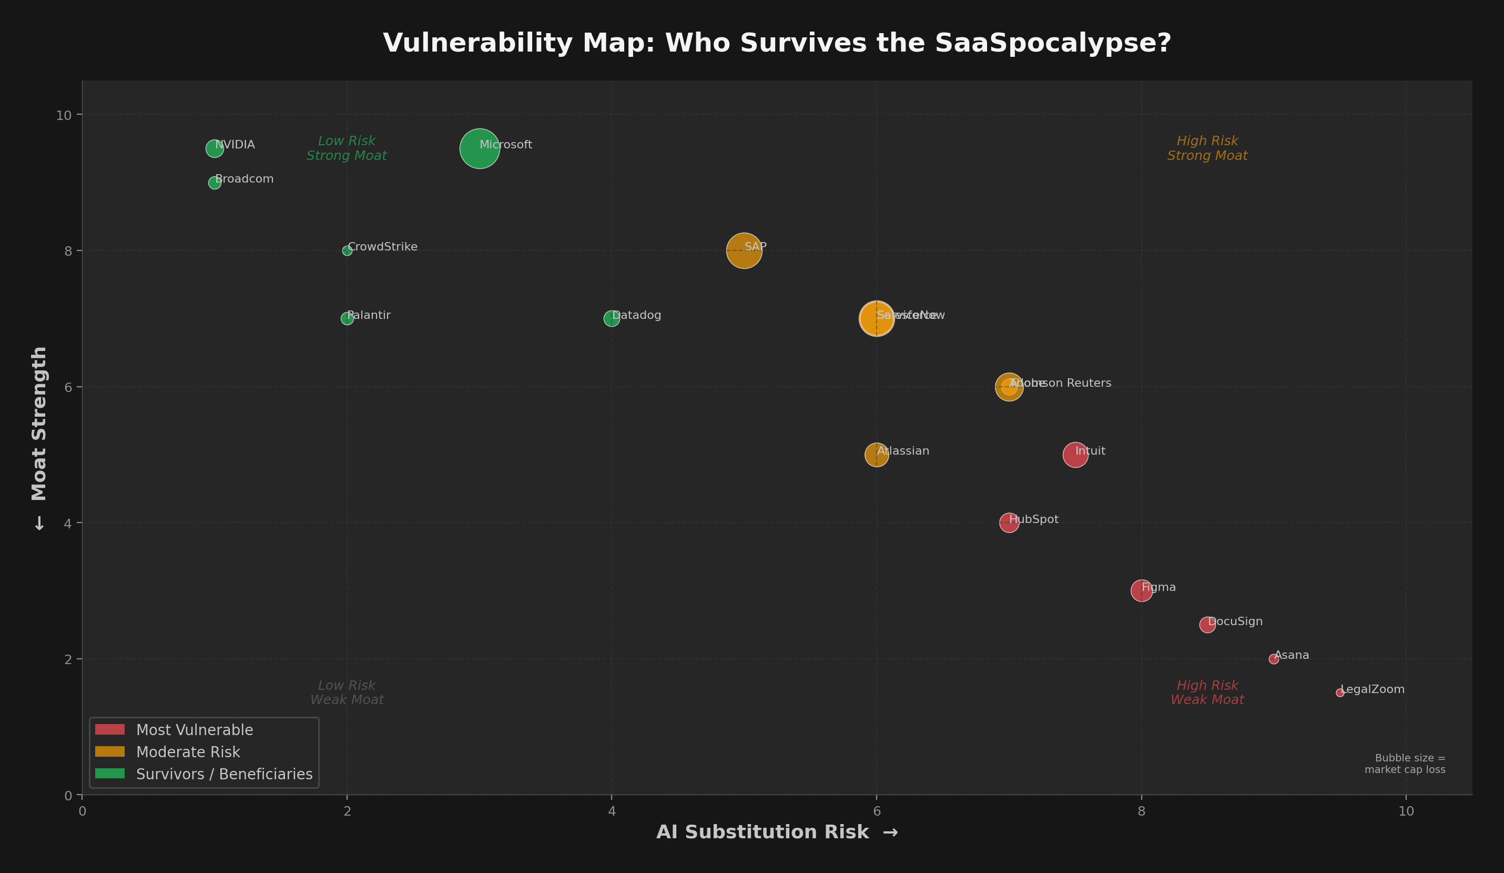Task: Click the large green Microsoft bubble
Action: [479, 149]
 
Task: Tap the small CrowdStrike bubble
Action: [347, 251]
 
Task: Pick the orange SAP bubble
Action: [744, 251]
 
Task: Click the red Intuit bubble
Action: [1075, 455]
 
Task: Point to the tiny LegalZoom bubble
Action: [1340, 693]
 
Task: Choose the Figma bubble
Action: [1141, 590]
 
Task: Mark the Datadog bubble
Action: [611, 318]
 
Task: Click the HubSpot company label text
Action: [1034, 519]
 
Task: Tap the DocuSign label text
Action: [1235, 621]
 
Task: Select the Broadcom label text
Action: [244, 179]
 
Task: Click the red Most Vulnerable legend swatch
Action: [110, 730]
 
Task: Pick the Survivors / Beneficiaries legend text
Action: [224, 775]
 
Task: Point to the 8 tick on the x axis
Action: [1141, 811]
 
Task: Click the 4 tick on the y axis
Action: [68, 524]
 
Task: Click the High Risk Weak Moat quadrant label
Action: [1207, 693]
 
